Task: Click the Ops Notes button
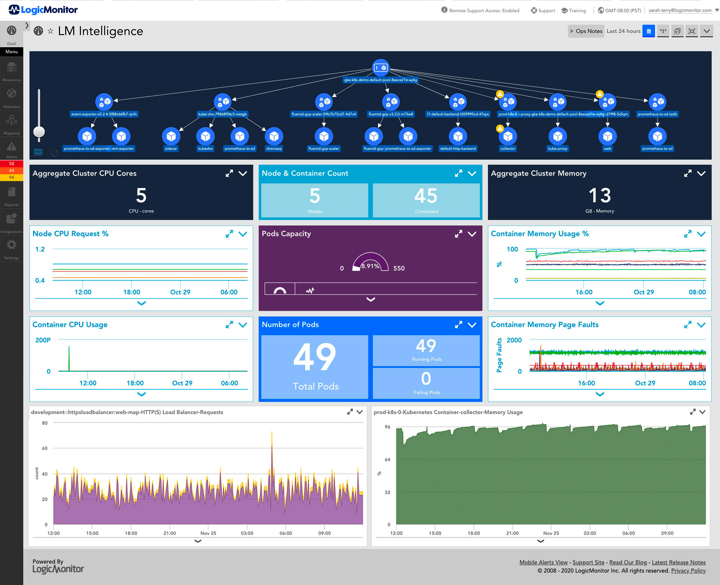[x=586, y=31]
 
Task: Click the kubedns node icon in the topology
[x=205, y=136]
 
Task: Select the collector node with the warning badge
[x=508, y=136]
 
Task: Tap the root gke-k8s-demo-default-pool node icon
[x=381, y=68]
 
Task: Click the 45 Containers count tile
[x=426, y=200]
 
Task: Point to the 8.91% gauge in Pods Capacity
[x=370, y=262]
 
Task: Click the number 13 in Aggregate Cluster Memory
[x=599, y=196]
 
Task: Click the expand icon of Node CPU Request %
[x=229, y=234]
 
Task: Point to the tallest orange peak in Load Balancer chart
[x=271, y=436]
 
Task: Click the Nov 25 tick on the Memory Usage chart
[x=551, y=533]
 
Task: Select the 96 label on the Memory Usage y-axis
[x=387, y=427]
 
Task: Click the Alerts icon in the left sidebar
[x=12, y=147]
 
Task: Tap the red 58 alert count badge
[x=12, y=164]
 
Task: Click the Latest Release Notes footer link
[x=678, y=562]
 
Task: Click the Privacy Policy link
[x=688, y=570]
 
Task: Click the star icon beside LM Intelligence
[x=50, y=31]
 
